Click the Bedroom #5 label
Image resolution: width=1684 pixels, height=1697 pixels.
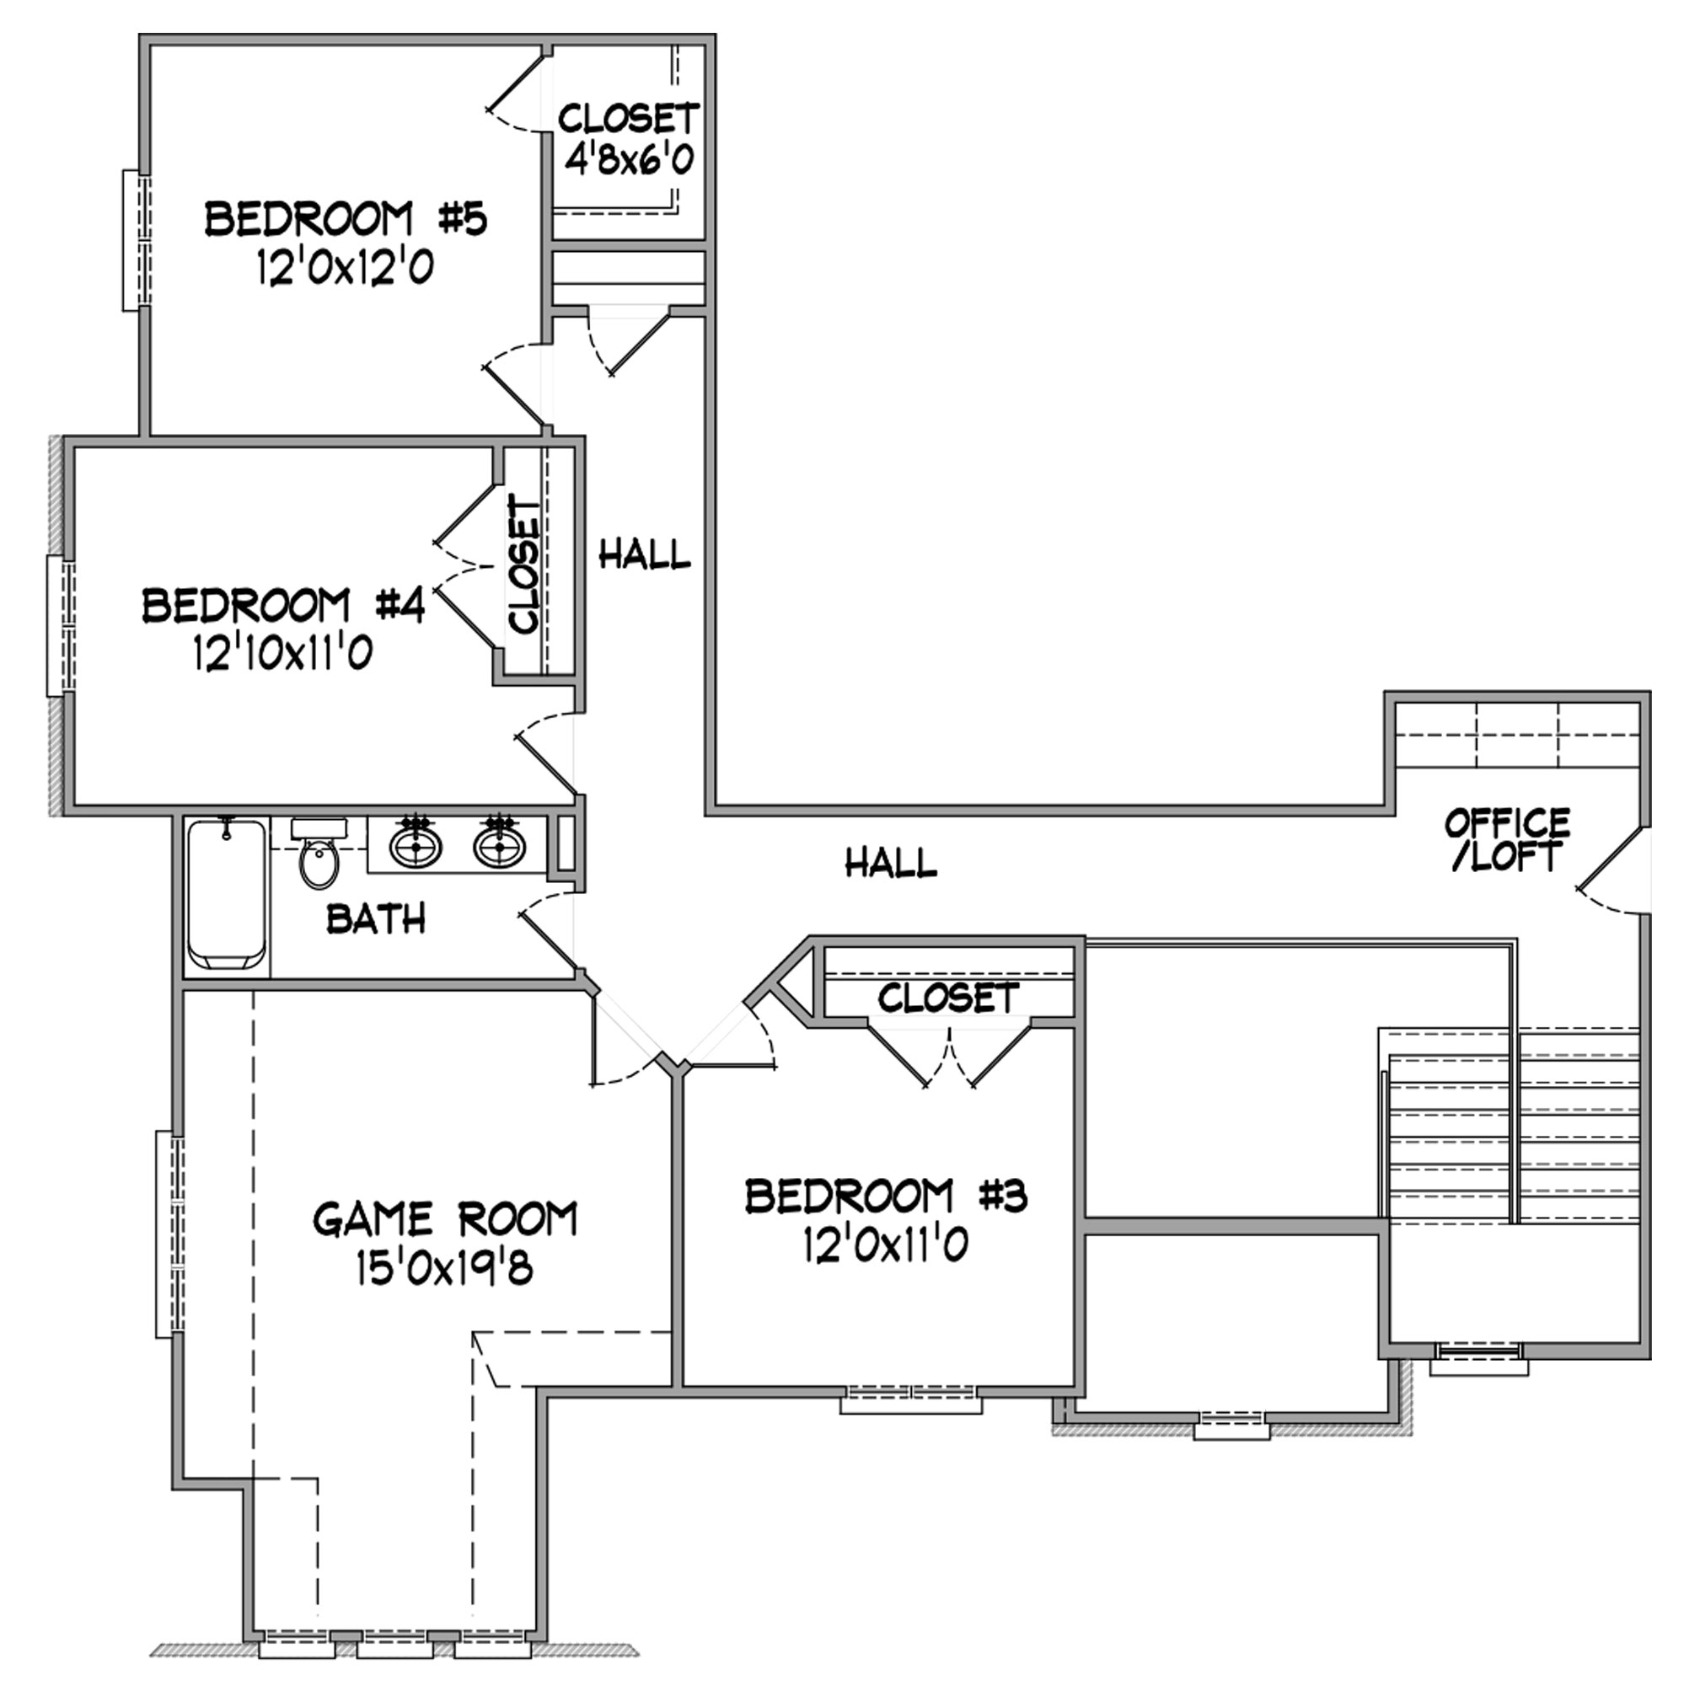pyautogui.click(x=346, y=220)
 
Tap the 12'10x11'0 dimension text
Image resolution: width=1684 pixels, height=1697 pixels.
pyautogui.click(x=283, y=653)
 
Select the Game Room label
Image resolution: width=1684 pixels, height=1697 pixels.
pyautogui.click(x=445, y=1219)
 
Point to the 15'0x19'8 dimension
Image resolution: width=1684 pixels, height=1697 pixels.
pyautogui.click(x=444, y=1268)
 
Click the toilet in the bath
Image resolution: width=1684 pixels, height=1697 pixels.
pyautogui.click(x=319, y=852)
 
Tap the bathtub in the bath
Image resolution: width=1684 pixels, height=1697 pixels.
pyautogui.click(x=227, y=893)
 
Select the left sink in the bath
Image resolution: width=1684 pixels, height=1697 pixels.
pyautogui.click(x=416, y=845)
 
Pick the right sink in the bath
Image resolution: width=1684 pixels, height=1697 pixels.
pyautogui.click(x=499, y=845)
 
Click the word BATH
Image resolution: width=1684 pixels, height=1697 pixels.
pyautogui.click(x=376, y=918)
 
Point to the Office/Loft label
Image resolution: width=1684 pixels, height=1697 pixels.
pyautogui.click(x=1508, y=840)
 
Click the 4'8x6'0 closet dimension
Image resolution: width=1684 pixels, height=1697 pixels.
pyautogui.click(x=629, y=160)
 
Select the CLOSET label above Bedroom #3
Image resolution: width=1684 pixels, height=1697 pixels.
pyautogui.click(x=949, y=998)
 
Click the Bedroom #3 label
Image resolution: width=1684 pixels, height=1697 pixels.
pyautogui.click(x=887, y=1196)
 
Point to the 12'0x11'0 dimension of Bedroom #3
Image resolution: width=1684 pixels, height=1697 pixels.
pyautogui.click(x=886, y=1245)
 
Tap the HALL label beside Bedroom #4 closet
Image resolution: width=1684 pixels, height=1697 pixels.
pyautogui.click(x=645, y=554)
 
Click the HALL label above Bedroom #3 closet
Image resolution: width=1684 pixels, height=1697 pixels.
pyautogui.click(x=891, y=863)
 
